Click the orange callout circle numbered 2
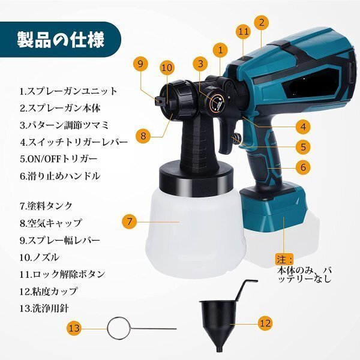click(262, 23)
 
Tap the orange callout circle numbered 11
click(244, 31)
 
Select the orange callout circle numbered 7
click(130, 221)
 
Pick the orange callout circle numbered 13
click(74, 328)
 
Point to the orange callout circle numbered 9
click(141, 64)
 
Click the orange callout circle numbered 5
click(303, 147)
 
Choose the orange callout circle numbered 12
click(266, 323)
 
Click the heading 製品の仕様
click(61, 40)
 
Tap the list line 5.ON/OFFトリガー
click(59, 159)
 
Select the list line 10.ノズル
click(39, 257)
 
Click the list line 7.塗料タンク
click(46, 206)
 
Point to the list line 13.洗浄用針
click(44, 308)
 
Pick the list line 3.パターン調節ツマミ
click(64, 125)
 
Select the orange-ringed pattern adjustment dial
click(216, 103)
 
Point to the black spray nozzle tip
click(160, 101)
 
